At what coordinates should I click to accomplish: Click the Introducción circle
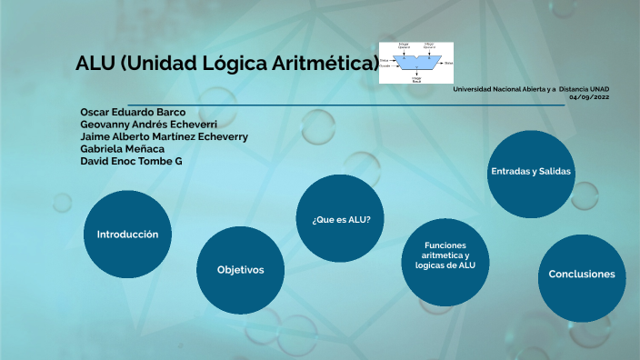tap(127, 235)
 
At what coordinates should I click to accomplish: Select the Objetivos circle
tap(240, 270)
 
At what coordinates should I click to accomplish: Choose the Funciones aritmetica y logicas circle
tap(443, 261)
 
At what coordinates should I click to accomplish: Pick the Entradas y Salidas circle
tap(531, 173)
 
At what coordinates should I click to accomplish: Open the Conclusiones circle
tap(581, 275)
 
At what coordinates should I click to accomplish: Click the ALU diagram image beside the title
tap(415, 63)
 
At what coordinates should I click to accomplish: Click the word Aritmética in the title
tap(330, 64)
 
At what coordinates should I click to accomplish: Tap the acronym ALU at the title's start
tap(95, 64)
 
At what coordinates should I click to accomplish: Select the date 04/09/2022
tap(590, 96)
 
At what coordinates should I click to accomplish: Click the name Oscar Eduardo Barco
tap(133, 113)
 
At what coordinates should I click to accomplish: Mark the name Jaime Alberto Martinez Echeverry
tap(165, 136)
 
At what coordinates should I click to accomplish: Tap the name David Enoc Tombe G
tap(132, 161)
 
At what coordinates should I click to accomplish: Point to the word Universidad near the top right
tap(474, 89)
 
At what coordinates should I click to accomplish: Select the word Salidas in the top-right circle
tap(554, 172)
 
